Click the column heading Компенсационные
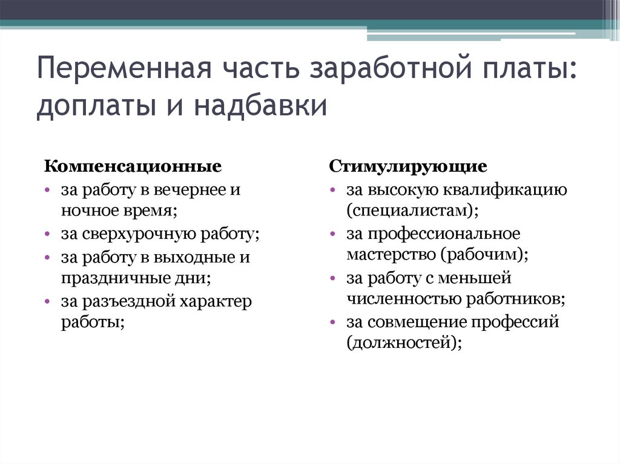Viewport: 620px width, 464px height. (133, 166)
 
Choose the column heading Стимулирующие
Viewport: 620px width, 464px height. (409, 166)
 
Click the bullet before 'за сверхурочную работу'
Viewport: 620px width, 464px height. (47, 235)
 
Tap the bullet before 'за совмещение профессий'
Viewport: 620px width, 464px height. (334, 322)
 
